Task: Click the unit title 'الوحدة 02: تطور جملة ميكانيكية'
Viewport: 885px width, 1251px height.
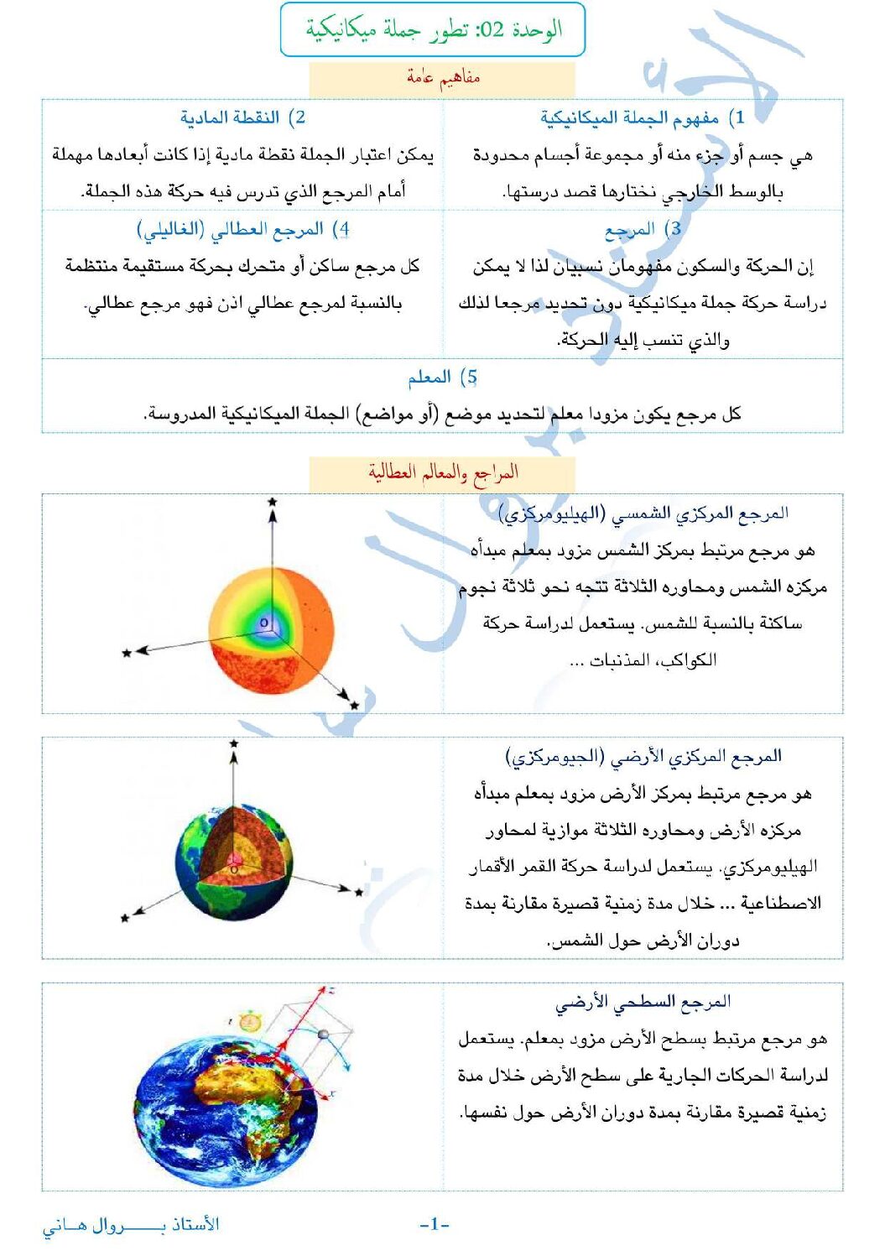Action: [433, 30]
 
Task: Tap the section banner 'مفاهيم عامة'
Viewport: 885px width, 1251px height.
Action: [443, 78]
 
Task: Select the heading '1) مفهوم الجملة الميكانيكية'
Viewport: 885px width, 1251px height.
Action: [642, 117]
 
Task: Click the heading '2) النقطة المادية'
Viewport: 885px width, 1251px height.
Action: [242, 117]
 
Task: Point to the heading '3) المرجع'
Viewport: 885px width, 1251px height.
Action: [642, 229]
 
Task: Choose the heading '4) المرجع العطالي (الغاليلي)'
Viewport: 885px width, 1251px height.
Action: [242, 229]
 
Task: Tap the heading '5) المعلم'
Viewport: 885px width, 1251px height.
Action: [442, 378]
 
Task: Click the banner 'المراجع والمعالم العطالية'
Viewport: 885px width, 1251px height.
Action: [443, 473]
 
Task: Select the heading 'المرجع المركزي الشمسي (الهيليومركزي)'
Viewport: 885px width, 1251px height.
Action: [643, 513]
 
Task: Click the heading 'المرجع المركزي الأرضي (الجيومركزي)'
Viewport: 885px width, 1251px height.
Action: [643, 757]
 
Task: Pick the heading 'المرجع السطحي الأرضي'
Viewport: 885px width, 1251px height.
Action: [643, 1001]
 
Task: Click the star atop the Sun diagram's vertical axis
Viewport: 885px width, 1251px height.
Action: [272, 502]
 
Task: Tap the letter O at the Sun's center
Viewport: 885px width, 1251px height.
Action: [263, 623]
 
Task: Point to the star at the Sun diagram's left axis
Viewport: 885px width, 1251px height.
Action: [127, 653]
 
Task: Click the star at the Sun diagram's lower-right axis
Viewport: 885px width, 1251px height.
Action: [354, 706]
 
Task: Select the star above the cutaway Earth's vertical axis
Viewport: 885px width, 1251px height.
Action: [234, 743]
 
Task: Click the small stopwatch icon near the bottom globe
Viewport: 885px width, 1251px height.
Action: [248, 1021]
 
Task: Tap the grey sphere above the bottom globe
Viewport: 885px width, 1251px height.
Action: [323, 1035]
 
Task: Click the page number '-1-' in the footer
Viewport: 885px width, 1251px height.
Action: [435, 1224]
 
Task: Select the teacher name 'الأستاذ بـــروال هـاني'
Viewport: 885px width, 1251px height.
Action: [131, 1225]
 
